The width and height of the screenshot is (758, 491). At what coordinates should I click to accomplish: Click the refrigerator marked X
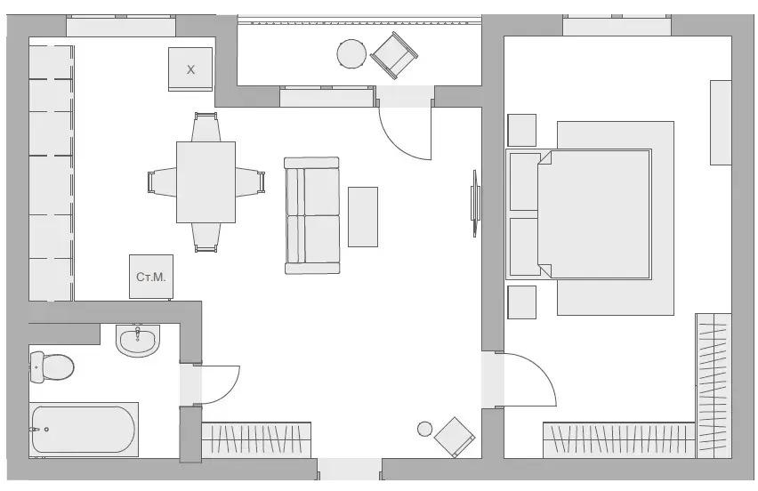coord(190,69)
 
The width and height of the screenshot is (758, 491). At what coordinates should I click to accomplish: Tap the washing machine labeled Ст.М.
coord(151,277)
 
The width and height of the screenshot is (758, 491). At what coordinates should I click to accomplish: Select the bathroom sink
coord(138,340)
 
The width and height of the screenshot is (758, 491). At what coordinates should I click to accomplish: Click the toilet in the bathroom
coord(52,366)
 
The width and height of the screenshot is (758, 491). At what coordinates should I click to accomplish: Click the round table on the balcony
coord(352,53)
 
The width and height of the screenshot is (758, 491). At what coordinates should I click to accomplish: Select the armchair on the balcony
coord(394,55)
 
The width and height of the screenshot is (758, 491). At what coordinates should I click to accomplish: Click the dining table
coord(206,182)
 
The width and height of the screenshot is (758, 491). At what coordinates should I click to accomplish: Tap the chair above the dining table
coord(206,127)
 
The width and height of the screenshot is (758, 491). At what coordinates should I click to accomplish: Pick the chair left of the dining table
coord(162,182)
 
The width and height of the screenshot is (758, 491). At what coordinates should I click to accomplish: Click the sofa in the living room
coord(311,215)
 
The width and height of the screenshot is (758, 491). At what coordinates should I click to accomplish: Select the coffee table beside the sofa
coord(363,217)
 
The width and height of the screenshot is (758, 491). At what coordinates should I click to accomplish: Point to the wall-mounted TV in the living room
coord(476,203)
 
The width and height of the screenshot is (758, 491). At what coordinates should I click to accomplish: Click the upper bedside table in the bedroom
coord(521,130)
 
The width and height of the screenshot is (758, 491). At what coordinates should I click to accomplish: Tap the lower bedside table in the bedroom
coord(521,302)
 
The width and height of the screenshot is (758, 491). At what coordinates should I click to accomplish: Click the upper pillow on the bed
coord(525,181)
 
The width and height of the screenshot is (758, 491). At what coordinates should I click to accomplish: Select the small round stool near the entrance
coord(425,429)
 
